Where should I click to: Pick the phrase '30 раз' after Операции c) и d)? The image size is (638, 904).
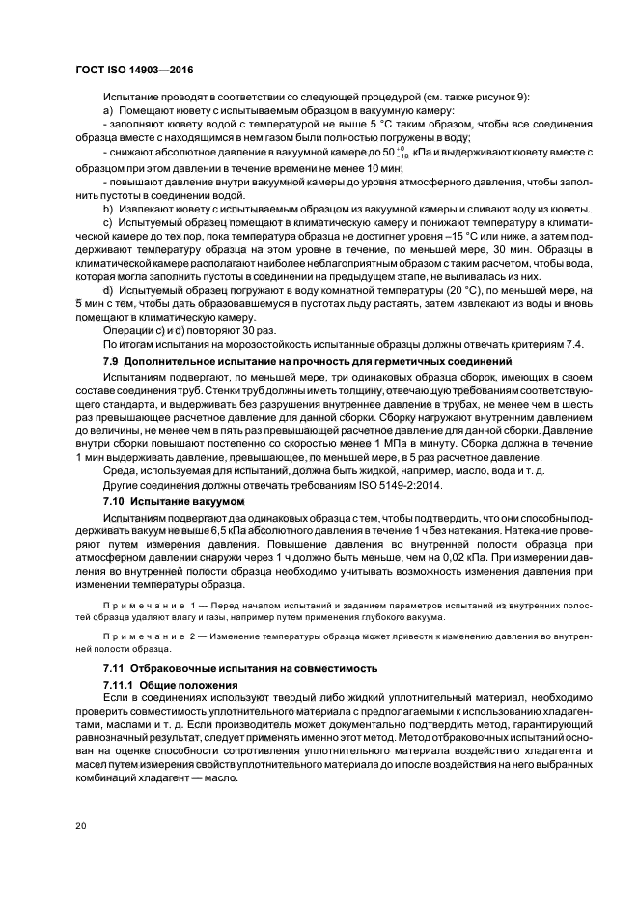coord(234,331)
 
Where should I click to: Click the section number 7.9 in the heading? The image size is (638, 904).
coord(112,360)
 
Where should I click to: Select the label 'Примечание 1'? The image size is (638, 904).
coord(152,603)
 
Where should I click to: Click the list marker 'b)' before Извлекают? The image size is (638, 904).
coord(107,207)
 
